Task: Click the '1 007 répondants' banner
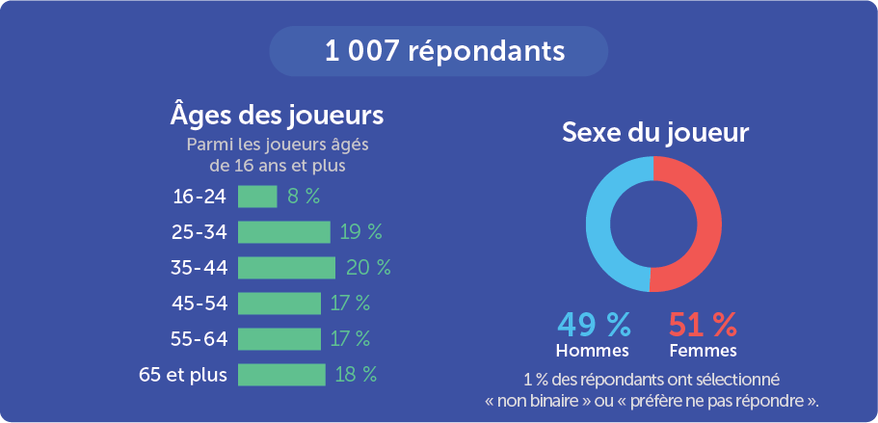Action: [439, 51]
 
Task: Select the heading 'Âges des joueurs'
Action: [277, 115]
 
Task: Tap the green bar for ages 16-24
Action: [257, 197]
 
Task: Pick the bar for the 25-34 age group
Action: [283, 232]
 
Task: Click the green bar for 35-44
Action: [286, 267]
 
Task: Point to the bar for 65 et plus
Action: [281, 375]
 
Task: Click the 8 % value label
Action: [304, 197]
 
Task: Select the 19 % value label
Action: [361, 232]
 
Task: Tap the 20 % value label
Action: [367, 267]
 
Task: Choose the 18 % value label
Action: [356, 375]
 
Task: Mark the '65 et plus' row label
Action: [183, 375]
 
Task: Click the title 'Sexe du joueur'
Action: [655, 133]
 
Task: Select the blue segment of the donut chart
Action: [599, 224]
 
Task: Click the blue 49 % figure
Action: [593, 324]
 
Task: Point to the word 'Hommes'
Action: [593, 350]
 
